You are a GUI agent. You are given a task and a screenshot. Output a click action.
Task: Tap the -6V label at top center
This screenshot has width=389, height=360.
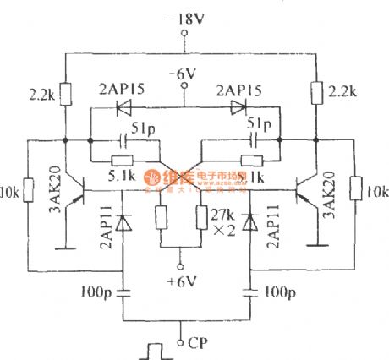click(184, 74)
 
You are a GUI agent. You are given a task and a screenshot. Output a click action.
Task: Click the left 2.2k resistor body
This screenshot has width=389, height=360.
click(64, 90)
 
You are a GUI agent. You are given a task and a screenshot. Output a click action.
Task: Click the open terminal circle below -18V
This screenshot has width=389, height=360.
click(184, 35)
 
